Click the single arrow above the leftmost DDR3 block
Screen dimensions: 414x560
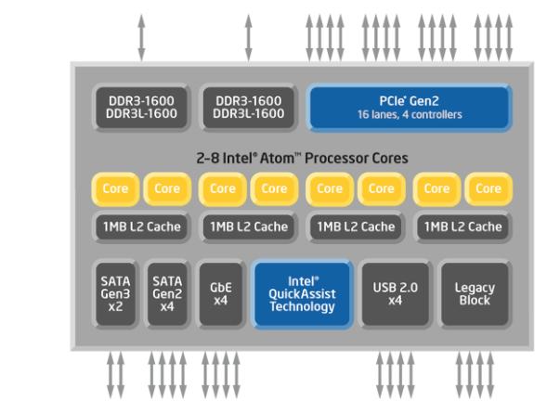pyautogui.click(x=141, y=32)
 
